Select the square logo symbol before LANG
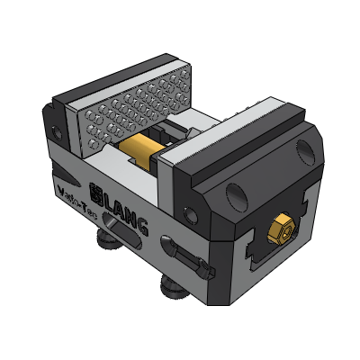click(x=99, y=192)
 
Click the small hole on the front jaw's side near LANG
click(x=188, y=214)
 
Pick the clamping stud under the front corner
click(x=174, y=287)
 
